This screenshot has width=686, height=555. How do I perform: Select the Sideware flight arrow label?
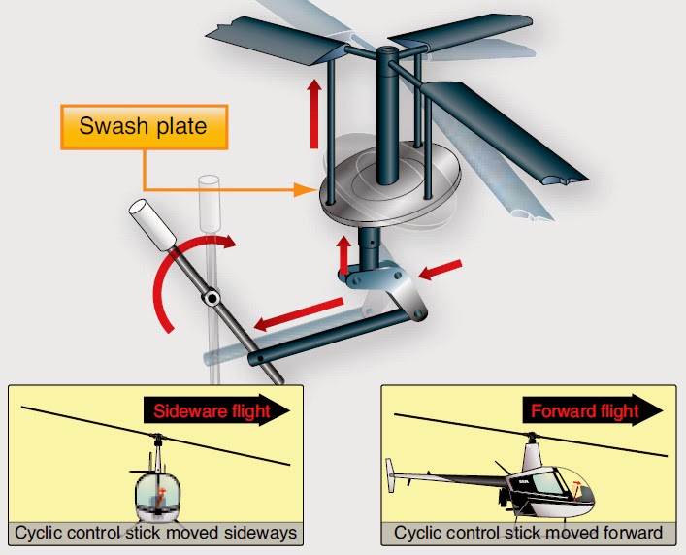[x=216, y=410]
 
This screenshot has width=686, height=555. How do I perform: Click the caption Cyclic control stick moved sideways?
[x=154, y=533]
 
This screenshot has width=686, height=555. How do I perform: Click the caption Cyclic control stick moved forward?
[x=528, y=533]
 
